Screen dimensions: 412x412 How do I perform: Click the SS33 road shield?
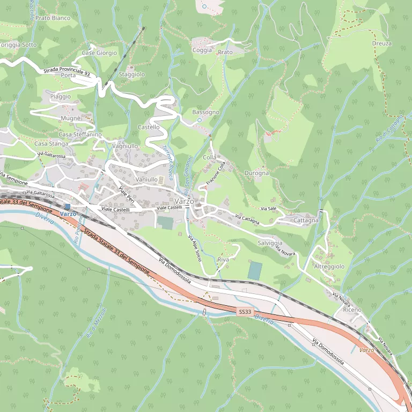245,312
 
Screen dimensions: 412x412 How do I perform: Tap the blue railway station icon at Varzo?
67,206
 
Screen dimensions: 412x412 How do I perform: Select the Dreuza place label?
381,43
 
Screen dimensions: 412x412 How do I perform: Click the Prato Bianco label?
53,18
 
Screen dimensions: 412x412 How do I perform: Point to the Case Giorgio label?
99,53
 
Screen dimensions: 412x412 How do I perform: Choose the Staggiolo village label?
132,75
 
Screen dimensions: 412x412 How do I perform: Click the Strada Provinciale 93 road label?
67,71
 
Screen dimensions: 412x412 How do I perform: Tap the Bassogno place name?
206,112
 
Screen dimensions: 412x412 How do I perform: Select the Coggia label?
202,50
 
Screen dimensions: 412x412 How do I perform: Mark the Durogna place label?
256,173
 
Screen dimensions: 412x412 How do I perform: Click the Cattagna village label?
306,220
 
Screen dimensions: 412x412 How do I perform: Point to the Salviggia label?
270,243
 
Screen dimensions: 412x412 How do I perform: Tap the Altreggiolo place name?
329,266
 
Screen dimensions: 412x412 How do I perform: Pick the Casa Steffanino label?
80,134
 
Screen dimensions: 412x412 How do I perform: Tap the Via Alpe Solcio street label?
195,248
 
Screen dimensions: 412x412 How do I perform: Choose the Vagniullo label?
126,146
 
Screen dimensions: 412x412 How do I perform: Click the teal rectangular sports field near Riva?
255,270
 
